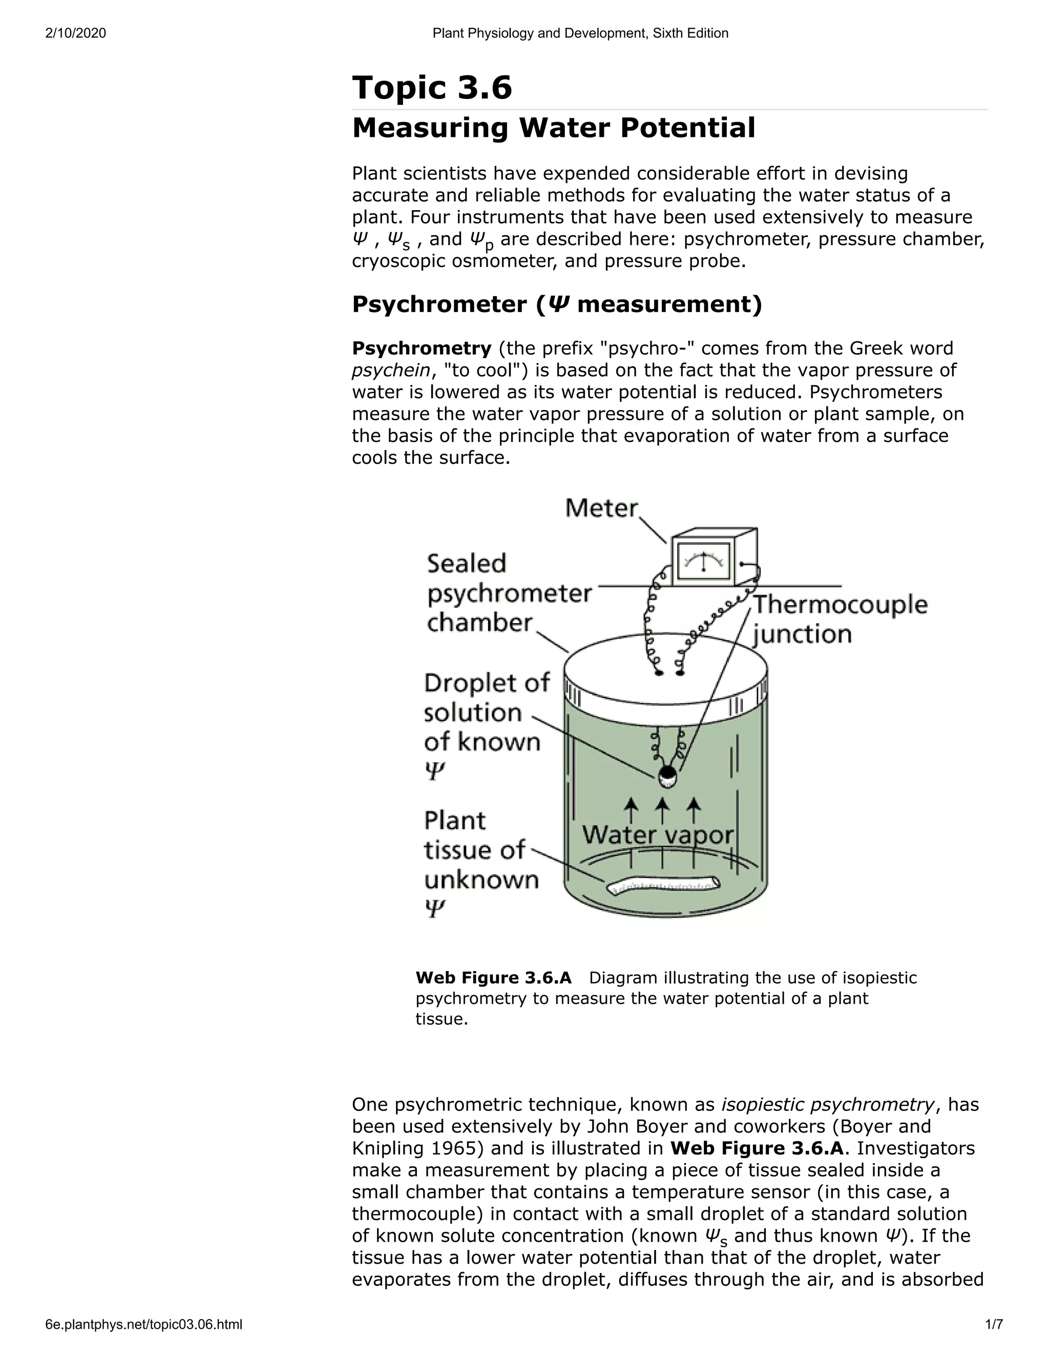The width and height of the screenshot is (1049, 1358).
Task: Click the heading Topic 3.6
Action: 432,87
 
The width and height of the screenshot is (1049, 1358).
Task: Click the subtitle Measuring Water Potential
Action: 553,128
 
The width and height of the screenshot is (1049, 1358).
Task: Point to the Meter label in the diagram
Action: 601,509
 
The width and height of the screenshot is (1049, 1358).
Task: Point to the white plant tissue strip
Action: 663,885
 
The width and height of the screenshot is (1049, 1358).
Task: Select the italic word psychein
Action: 390,371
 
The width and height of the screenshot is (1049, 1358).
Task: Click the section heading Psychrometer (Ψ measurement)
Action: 556,305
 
